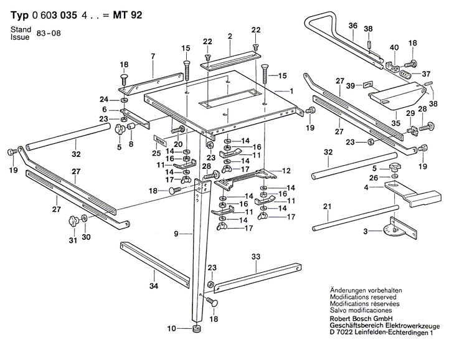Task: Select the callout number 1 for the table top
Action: pos(290,91)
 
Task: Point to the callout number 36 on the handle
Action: pos(352,26)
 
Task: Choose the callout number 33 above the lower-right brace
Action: pos(255,257)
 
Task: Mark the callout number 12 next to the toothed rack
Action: pos(287,171)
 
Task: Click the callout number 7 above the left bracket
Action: pos(152,57)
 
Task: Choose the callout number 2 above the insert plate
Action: pos(230,37)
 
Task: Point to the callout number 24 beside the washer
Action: pos(104,99)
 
